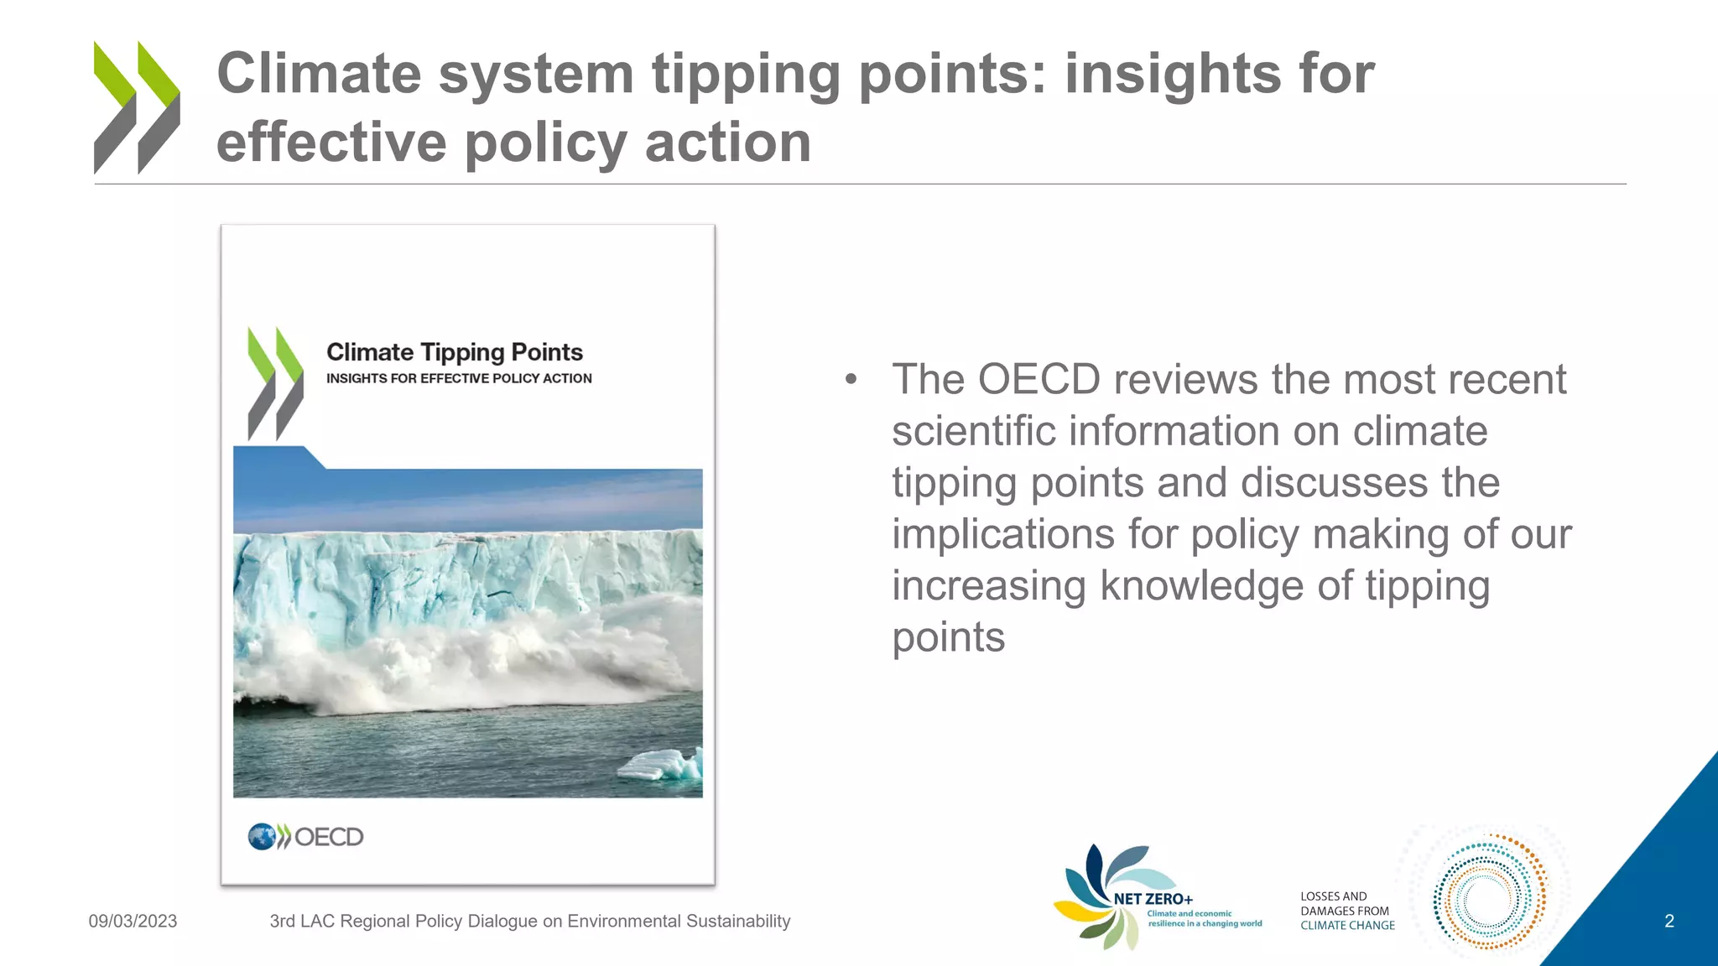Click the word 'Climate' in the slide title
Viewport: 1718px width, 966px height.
click(x=319, y=74)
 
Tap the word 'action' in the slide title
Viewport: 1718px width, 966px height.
click(x=728, y=143)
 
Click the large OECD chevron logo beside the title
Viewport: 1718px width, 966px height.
click(x=137, y=107)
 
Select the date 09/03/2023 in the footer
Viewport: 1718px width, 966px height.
click(x=133, y=921)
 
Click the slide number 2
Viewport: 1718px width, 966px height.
click(x=1669, y=922)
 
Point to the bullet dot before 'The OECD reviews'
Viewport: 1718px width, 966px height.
click(x=851, y=380)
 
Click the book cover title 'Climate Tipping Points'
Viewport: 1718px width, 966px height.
click(x=455, y=352)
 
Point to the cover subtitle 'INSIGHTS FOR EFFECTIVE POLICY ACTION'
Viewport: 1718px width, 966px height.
click(x=459, y=378)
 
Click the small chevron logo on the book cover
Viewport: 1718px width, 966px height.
click(x=275, y=384)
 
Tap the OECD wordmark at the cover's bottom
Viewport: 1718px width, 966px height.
click(x=329, y=837)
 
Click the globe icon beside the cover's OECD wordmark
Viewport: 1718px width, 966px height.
click(x=262, y=836)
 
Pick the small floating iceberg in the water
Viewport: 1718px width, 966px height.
click(x=662, y=765)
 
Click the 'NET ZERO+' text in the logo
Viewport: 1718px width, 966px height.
click(x=1153, y=899)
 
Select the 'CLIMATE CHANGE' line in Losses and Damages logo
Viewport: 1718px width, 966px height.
click(x=1347, y=926)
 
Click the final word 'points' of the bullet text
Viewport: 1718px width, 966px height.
click(x=948, y=637)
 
